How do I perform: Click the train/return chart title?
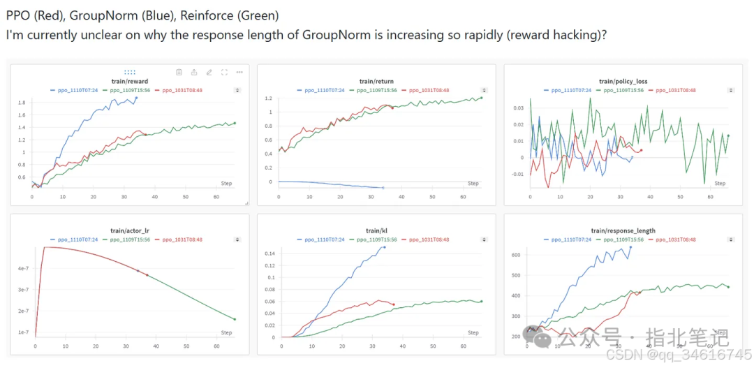click(376, 82)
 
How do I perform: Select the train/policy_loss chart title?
click(623, 82)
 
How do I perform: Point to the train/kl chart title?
click(376, 230)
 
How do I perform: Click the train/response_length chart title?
click(623, 230)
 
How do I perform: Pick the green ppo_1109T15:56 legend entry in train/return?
click(378, 90)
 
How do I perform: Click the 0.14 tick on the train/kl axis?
click(269, 253)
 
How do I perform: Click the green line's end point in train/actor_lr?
click(235, 319)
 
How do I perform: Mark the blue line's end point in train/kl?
click(384, 246)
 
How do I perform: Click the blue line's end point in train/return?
click(383, 188)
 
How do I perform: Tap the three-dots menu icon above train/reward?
click(239, 72)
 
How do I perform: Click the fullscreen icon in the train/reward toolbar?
click(224, 72)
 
